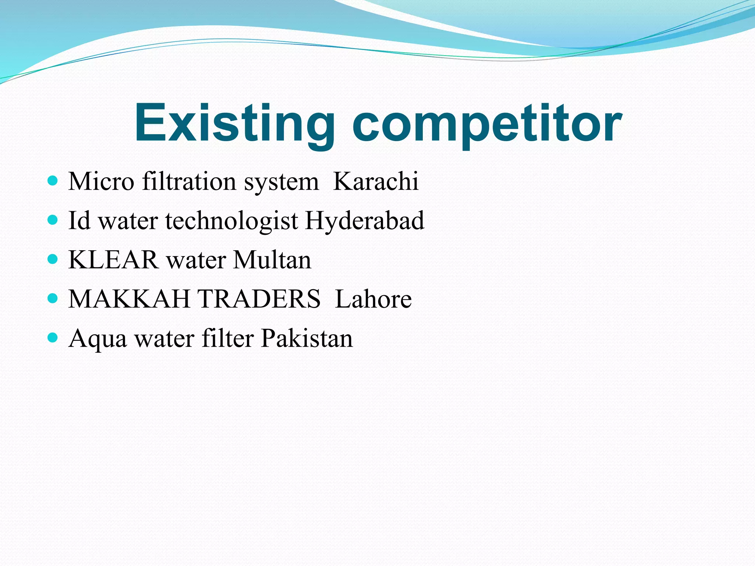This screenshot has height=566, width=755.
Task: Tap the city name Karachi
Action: (x=376, y=181)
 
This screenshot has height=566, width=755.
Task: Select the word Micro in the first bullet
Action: (x=101, y=181)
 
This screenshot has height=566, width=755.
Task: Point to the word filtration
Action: (x=189, y=181)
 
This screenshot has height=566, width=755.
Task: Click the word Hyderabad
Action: (x=365, y=220)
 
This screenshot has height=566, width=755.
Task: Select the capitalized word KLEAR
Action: (x=114, y=259)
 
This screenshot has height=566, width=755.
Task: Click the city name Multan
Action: (x=272, y=259)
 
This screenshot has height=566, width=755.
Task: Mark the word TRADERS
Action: (x=259, y=298)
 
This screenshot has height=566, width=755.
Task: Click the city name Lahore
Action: (x=373, y=298)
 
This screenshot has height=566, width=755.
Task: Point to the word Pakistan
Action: (x=307, y=338)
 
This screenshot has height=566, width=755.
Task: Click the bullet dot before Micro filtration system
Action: (x=53, y=181)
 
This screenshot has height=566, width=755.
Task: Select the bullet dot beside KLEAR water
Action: (x=53, y=259)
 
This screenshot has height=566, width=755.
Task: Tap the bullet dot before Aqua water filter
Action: (x=53, y=337)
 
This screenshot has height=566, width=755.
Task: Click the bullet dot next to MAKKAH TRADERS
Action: (x=53, y=298)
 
